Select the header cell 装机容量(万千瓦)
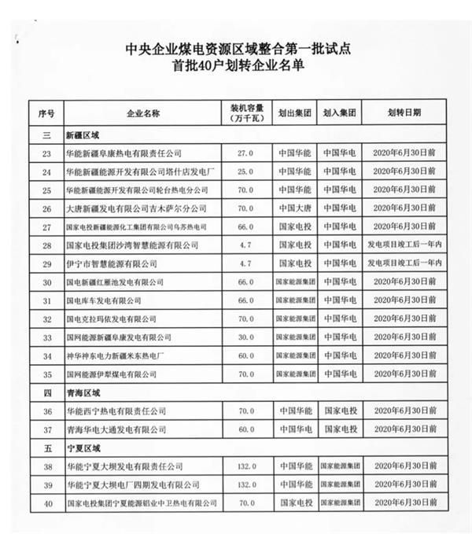pyautogui.click(x=245, y=112)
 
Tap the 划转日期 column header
pyautogui.click(x=404, y=113)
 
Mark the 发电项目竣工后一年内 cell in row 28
pyautogui.click(x=404, y=245)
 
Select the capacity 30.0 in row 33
pyautogui.click(x=245, y=337)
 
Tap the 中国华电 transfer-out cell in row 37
pyautogui.click(x=296, y=429)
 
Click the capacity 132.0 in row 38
pyautogui.click(x=245, y=466)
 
